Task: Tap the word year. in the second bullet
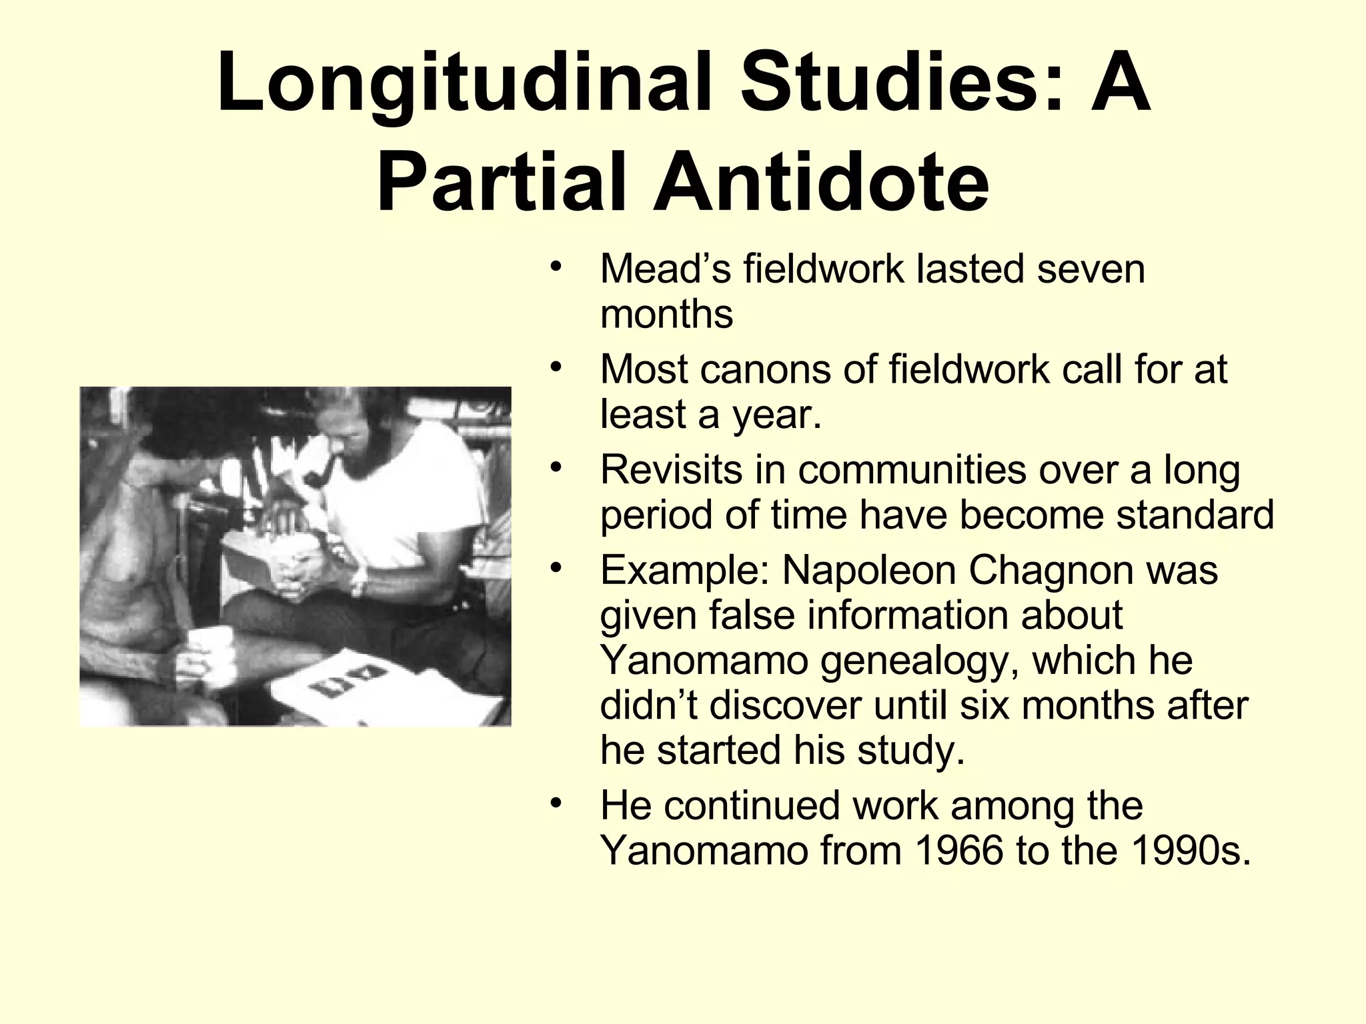[777, 415]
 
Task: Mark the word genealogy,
[920, 661]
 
